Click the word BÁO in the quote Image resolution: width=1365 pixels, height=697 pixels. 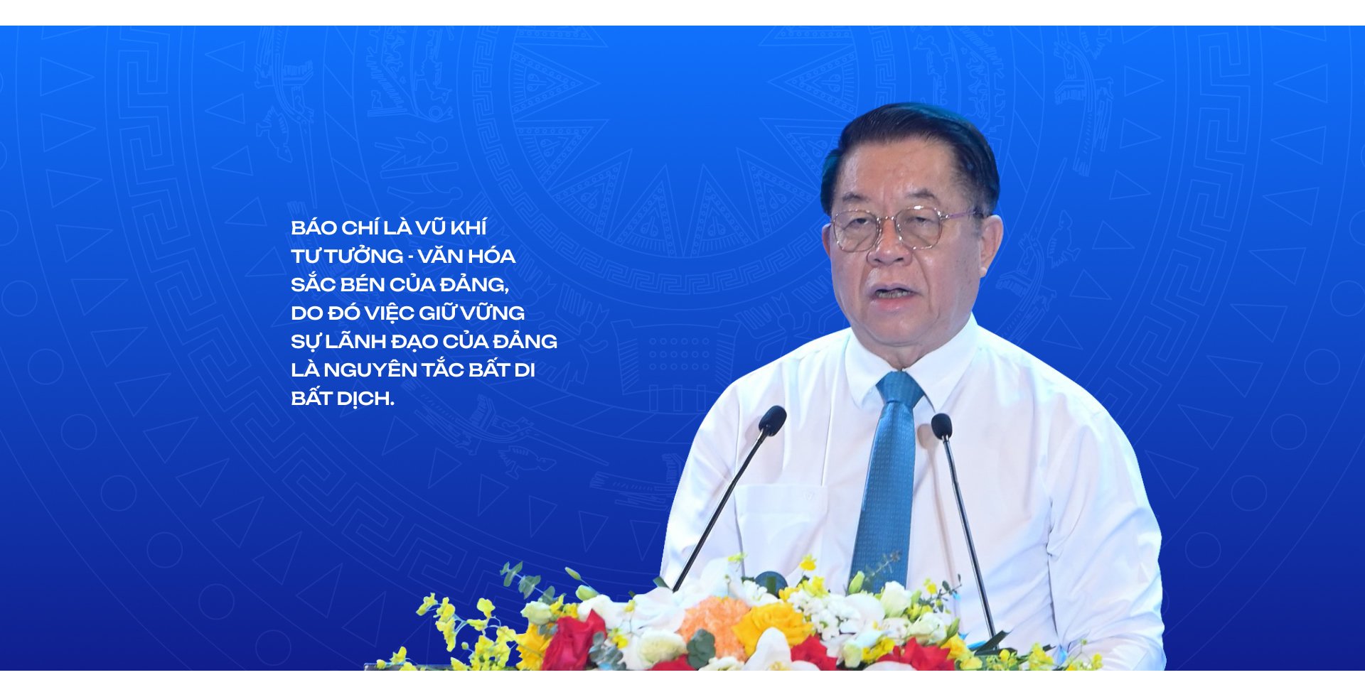coord(314,227)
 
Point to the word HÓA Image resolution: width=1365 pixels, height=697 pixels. coord(491,256)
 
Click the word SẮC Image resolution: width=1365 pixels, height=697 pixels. coord(314,284)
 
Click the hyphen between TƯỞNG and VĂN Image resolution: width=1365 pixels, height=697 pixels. coord(410,257)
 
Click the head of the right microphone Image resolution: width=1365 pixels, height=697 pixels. coord(941,426)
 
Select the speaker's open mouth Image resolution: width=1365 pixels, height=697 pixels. coord(892,292)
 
